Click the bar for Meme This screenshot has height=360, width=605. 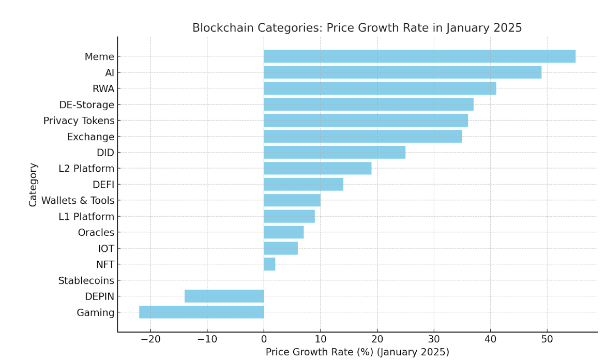(x=419, y=56)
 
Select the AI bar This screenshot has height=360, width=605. (x=402, y=72)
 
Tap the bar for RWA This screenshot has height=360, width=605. (x=380, y=88)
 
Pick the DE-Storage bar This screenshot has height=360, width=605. (x=368, y=104)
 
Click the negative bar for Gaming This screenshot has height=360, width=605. (x=201, y=312)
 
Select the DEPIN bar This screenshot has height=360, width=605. (x=224, y=296)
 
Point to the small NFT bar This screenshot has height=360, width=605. (x=269, y=264)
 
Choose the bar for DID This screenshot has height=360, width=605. (x=334, y=153)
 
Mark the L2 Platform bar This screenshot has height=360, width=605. (x=317, y=169)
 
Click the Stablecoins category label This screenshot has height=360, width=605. (x=86, y=281)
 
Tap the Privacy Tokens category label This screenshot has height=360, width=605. (x=79, y=121)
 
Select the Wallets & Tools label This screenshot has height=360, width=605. (x=78, y=201)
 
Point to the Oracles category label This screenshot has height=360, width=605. (x=96, y=233)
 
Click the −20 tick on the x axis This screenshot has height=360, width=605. (x=150, y=339)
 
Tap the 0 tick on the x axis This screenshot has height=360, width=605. (x=264, y=339)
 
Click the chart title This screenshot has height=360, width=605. (x=357, y=28)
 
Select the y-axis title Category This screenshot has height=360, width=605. (x=33, y=185)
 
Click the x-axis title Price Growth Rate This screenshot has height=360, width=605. (x=357, y=352)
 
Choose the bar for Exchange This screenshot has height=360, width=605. (x=362, y=137)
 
